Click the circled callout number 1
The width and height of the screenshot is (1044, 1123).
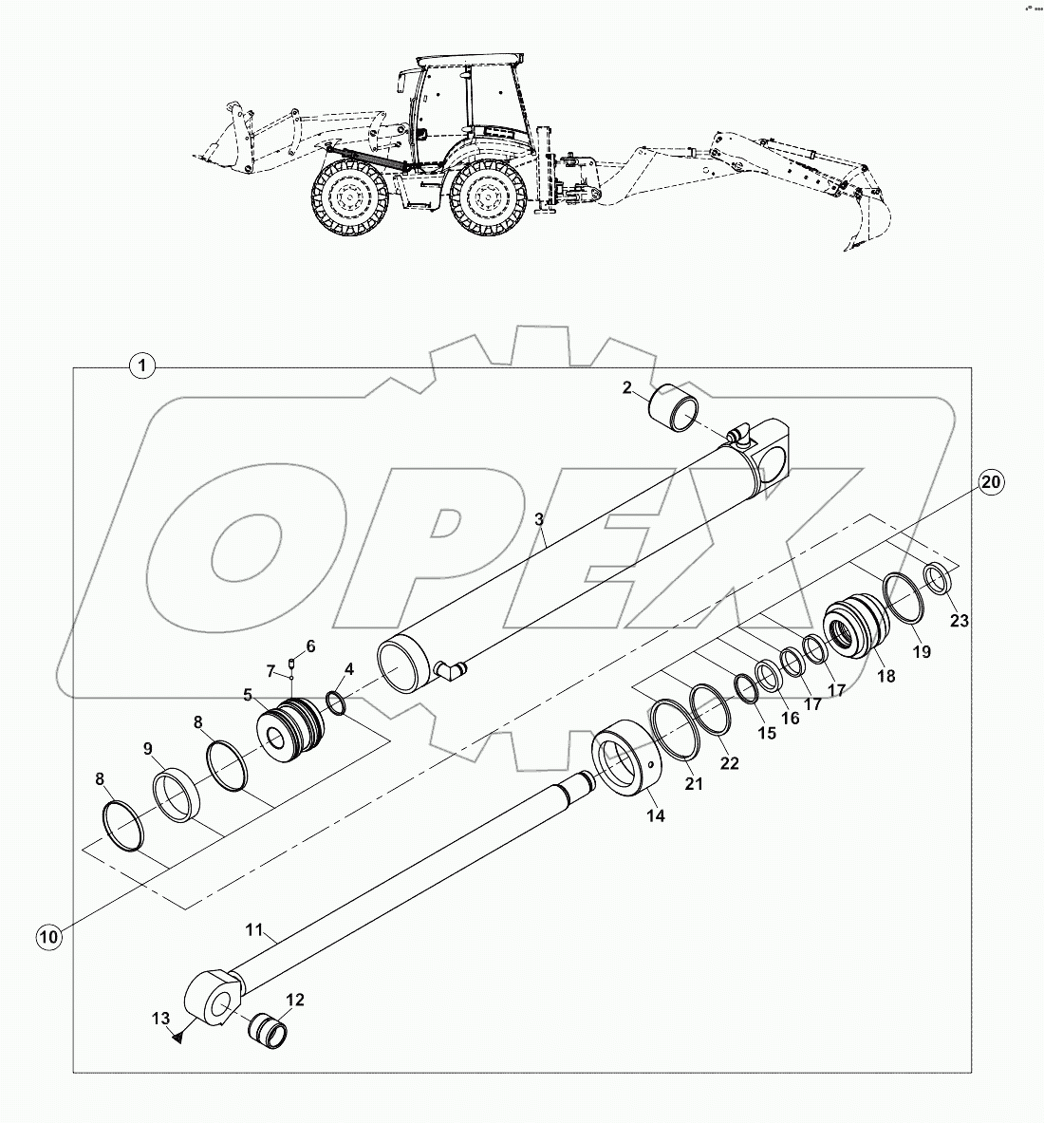click(x=141, y=365)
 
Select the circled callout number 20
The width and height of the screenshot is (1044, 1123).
click(x=989, y=482)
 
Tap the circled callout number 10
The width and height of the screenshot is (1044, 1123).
click(x=48, y=937)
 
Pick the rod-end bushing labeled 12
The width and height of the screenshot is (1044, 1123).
click(x=267, y=1031)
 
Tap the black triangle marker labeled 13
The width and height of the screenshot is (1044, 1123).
click(x=178, y=1038)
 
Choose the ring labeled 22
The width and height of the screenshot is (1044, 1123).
click(x=713, y=708)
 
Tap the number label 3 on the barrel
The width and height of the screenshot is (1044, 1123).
click(x=538, y=519)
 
